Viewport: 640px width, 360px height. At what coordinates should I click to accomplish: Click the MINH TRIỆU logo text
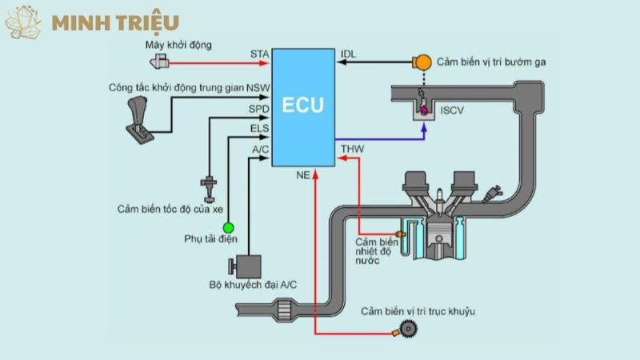115,22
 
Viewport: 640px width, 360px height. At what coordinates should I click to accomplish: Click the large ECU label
303,105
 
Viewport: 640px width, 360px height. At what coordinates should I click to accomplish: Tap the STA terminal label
260,54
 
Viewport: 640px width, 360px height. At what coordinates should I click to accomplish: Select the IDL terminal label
349,54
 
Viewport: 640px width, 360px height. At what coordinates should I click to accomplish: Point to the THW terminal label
352,149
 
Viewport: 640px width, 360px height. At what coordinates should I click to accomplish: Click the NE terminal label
303,174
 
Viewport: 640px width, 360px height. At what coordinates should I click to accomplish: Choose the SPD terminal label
259,109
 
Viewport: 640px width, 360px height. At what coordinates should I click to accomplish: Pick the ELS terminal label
259,128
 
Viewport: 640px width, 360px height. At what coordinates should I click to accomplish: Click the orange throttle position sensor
421,62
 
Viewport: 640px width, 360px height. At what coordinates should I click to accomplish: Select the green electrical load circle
228,228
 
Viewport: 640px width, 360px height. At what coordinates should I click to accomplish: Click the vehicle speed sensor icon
210,186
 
